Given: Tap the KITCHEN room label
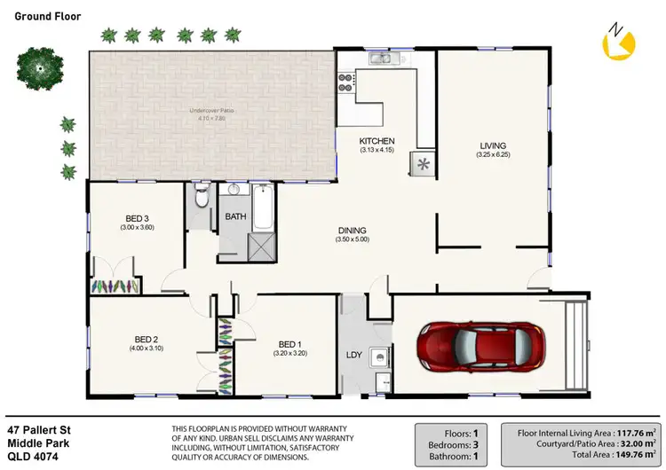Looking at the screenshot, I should click(377, 142).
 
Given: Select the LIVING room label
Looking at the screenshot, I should click(493, 146).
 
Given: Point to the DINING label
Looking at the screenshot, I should click(351, 231).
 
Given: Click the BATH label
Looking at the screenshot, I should click(235, 216).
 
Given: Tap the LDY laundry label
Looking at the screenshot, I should click(353, 356).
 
